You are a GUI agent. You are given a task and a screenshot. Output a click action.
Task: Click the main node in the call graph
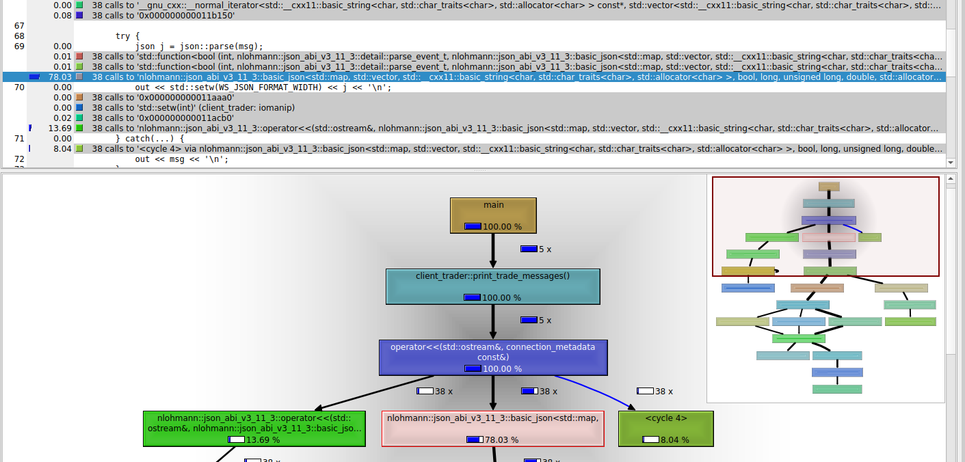click(x=493, y=215)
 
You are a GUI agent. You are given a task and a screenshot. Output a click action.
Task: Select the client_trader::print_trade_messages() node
click(x=492, y=286)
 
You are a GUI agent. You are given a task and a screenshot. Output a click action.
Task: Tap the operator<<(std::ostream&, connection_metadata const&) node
click(x=492, y=357)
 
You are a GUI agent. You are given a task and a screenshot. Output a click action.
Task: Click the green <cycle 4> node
click(x=665, y=429)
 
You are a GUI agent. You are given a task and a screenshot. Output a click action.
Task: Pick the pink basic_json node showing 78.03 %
click(x=492, y=429)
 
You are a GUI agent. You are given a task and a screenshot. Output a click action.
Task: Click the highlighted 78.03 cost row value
click(x=60, y=77)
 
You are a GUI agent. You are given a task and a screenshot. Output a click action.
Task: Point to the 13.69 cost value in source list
click(x=60, y=128)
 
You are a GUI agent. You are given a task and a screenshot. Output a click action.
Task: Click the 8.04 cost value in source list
click(x=62, y=149)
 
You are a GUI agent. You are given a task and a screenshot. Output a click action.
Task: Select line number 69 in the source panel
click(x=19, y=46)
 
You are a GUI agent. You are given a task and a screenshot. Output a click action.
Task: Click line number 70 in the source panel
click(x=19, y=87)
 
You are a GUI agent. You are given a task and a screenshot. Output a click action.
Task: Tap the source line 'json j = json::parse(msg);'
click(x=199, y=46)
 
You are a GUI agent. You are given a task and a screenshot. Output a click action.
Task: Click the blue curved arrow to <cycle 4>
click(x=602, y=392)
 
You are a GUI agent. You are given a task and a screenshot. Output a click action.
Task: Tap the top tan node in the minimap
click(x=829, y=187)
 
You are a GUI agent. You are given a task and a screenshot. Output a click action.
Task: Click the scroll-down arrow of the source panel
click(x=951, y=162)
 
